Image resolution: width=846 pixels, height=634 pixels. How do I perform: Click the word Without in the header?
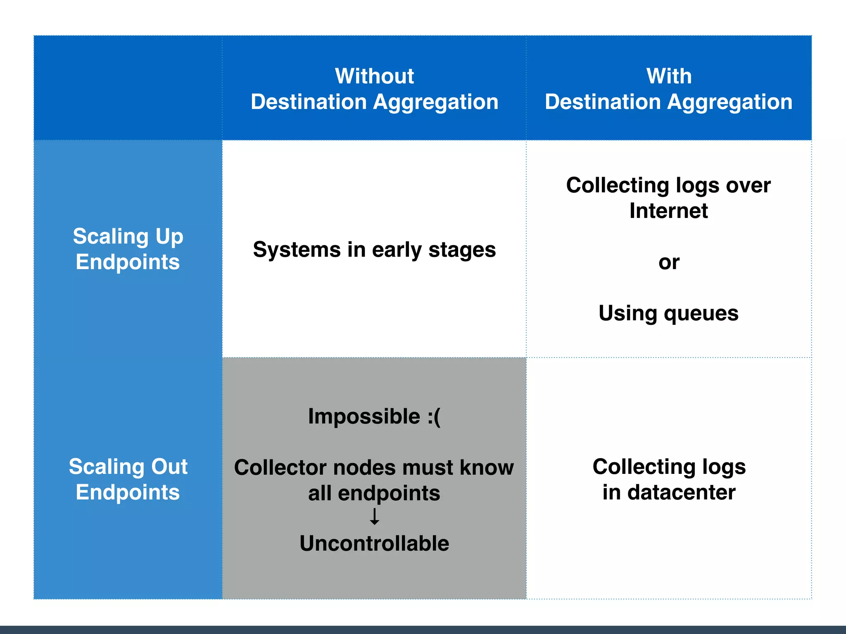[x=374, y=76]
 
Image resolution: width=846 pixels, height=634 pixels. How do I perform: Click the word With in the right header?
[x=669, y=76]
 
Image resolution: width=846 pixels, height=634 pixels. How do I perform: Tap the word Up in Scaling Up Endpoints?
[x=169, y=237]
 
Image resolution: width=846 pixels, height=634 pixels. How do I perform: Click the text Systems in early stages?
[x=374, y=250]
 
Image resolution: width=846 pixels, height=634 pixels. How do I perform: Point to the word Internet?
[x=668, y=211]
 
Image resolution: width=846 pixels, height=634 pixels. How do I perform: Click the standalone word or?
[x=669, y=263]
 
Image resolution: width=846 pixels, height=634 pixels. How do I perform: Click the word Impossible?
[x=364, y=416]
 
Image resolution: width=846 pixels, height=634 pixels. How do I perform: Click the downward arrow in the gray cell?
[x=374, y=517]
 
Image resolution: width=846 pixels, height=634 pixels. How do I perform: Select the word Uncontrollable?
[x=374, y=543]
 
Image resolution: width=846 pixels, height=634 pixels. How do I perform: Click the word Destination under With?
[x=603, y=102]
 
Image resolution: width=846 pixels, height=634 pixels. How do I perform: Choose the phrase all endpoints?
[x=374, y=493]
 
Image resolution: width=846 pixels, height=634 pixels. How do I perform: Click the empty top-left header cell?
[x=128, y=88]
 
